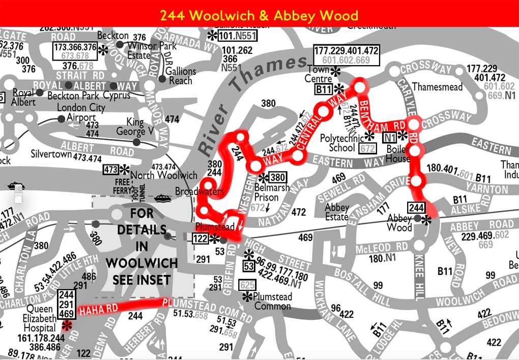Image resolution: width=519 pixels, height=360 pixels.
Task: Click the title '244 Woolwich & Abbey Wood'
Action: click(259, 15)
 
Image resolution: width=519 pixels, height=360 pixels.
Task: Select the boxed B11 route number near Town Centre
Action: click(324, 90)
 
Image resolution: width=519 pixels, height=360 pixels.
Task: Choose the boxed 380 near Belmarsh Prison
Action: click(277, 177)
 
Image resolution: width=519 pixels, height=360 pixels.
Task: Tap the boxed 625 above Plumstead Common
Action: click(247, 284)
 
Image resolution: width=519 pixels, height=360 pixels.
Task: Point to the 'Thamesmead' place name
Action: click(438, 87)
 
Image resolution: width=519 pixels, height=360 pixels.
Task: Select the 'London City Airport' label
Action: click(81, 113)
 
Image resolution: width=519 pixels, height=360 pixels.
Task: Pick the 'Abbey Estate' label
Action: click(337, 212)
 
